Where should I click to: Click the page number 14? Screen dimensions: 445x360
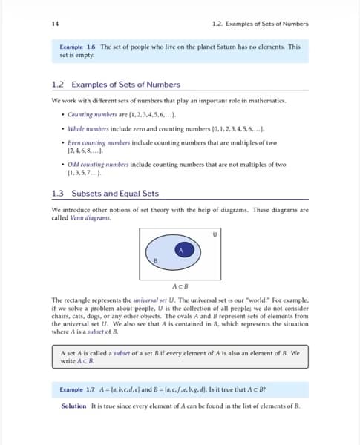click(x=55, y=24)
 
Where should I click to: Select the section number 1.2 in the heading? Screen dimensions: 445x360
click(x=59, y=85)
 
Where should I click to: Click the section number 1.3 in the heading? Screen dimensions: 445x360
click(x=59, y=194)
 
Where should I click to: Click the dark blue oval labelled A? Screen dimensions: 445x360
click(x=180, y=251)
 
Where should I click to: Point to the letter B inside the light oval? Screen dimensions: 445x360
click(x=156, y=260)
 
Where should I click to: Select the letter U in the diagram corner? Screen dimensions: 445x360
click(x=215, y=234)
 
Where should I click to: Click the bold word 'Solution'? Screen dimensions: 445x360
click(x=73, y=406)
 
